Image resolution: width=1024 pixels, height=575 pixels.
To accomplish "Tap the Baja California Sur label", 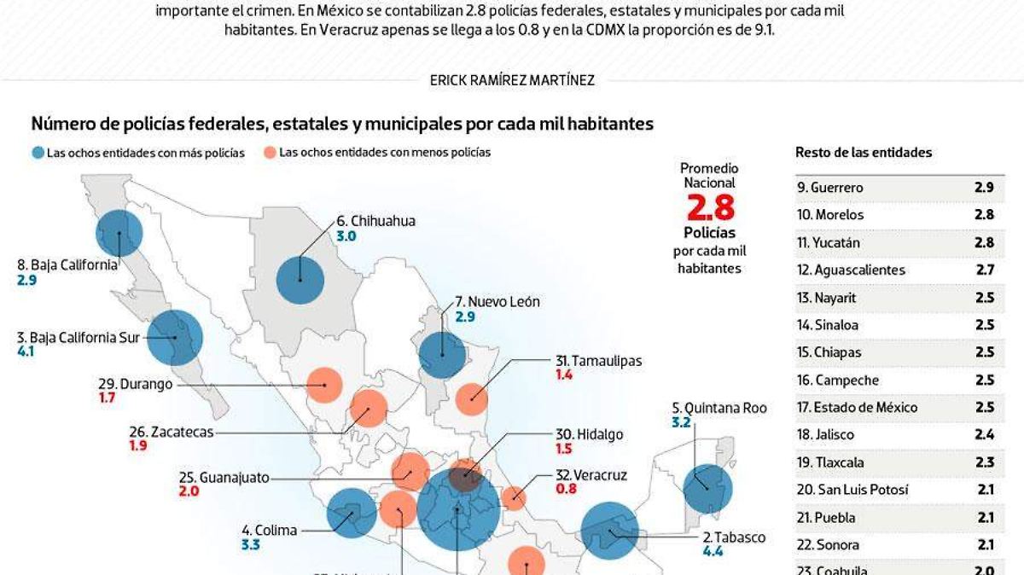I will pos(79,337).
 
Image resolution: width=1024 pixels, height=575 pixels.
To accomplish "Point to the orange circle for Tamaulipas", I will pos(472,398).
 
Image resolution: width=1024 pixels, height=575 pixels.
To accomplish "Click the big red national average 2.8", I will pos(710,207).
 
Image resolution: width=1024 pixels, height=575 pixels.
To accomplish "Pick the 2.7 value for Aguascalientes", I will pos(984,270).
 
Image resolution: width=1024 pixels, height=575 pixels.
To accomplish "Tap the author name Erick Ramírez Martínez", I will pos(512,80).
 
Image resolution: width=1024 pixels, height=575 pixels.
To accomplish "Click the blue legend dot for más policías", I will pos(38,154).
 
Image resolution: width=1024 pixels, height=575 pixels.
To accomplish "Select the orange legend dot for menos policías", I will pos(270,154).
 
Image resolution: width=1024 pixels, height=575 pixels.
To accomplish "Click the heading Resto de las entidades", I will pos(864,153).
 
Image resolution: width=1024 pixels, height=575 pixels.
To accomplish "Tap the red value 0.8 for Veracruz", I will pos(566,489).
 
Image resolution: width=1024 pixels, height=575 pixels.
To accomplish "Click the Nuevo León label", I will pos(497,301).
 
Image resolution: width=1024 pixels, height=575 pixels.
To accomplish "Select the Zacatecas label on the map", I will pos(171,432).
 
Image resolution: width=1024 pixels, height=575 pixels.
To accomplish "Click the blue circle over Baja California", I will pos(119,233).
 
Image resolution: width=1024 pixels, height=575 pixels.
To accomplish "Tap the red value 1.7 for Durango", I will pos(107,398).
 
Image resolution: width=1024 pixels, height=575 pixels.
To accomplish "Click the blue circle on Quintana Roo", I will pos(708,488).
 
